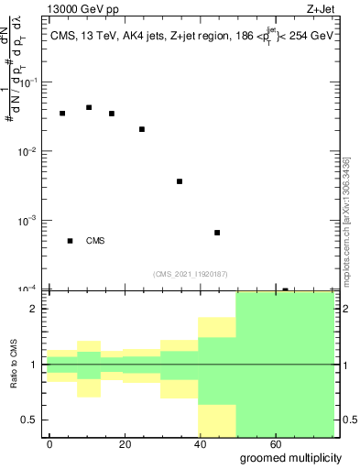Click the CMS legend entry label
click(x=95, y=241)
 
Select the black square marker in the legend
click(x=71, y=241)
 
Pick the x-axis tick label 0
click(x=49, y=443)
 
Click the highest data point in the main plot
click(x=89, y=107)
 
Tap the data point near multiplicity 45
click(x=217, y=233)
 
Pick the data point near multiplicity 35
click(x=180, y=181)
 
